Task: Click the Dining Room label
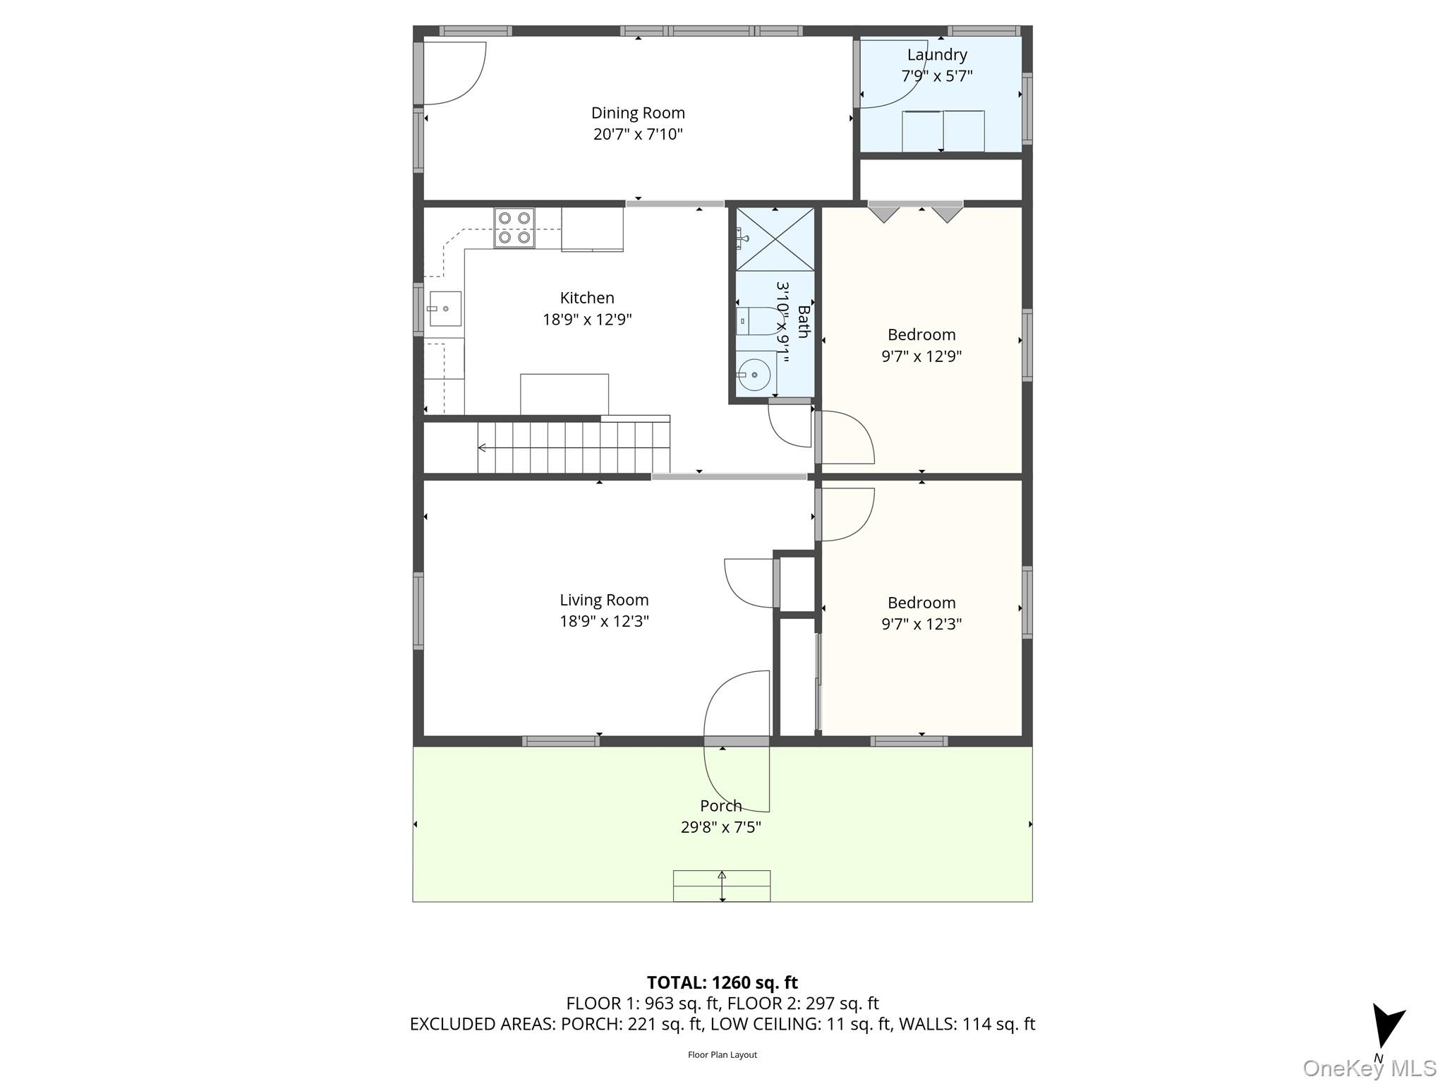(638, 113)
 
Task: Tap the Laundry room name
(937, 54)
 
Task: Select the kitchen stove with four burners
(514, 228)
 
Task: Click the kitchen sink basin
(445, 308)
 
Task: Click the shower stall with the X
(775, 239)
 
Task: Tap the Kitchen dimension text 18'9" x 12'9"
(587, 320)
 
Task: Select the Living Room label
(604, 600)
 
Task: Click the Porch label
(720, 805)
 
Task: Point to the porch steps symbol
(722, 886)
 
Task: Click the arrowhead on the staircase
(482, 447)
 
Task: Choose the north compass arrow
(1386, 1027)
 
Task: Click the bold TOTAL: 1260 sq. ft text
(722, 982)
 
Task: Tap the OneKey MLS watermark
(1369, 1068)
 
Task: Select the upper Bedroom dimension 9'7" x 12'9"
(921, 356)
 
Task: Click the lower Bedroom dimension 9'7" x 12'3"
(921, 624)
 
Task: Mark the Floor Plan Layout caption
(722, 1055)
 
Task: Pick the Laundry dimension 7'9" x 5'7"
(937, 76)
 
